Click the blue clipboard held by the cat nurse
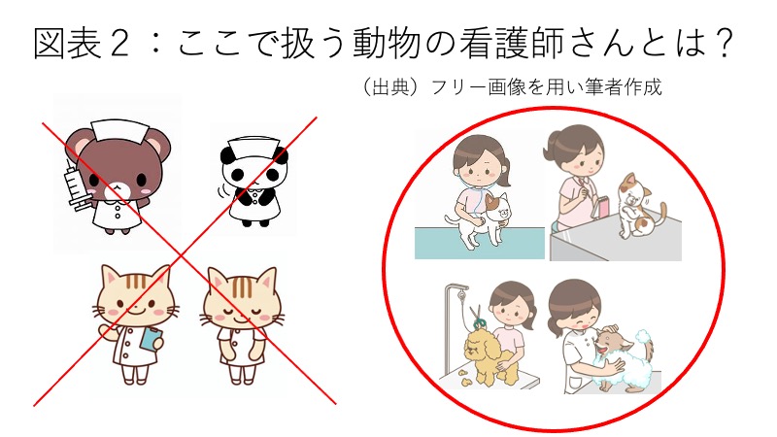click(151, 338)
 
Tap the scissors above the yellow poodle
click(477, 317)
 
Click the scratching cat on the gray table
click(640, 205)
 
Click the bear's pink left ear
click(76, 140)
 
